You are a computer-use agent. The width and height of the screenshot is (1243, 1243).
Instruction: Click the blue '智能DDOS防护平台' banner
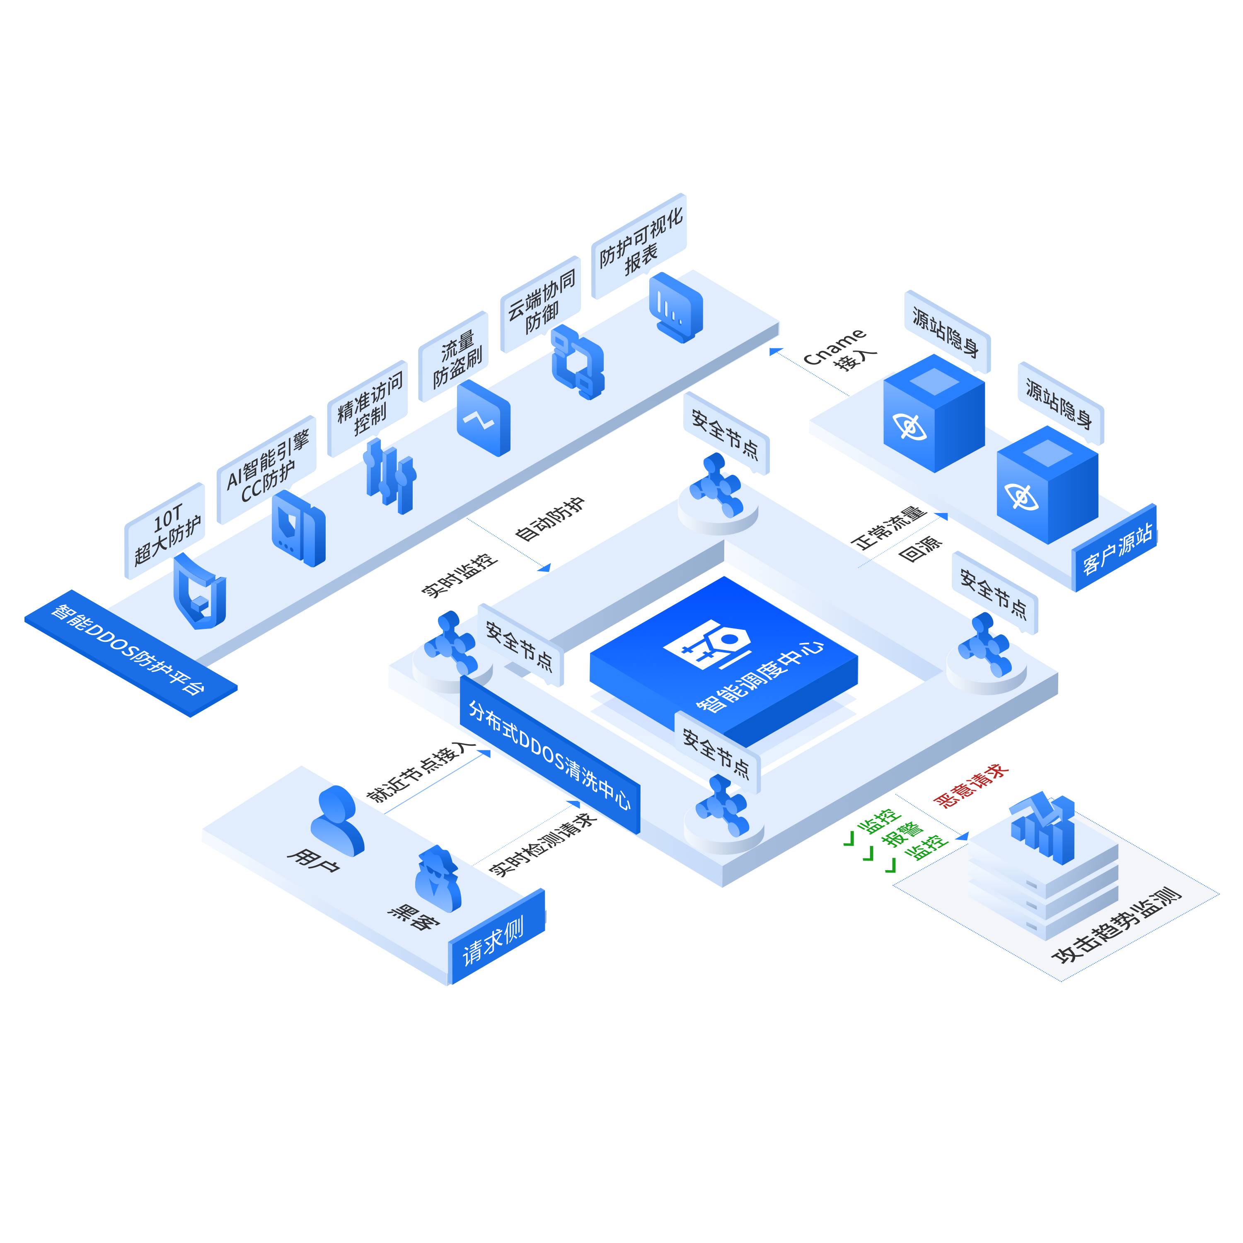click(x=131, y=653)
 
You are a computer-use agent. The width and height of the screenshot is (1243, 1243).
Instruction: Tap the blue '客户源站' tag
click(x=1116, y=548)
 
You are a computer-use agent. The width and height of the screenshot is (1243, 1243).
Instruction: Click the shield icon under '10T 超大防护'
click(x=199, y=592)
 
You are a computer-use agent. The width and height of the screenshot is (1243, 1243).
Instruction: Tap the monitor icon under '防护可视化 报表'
click(x=675, y=307)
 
